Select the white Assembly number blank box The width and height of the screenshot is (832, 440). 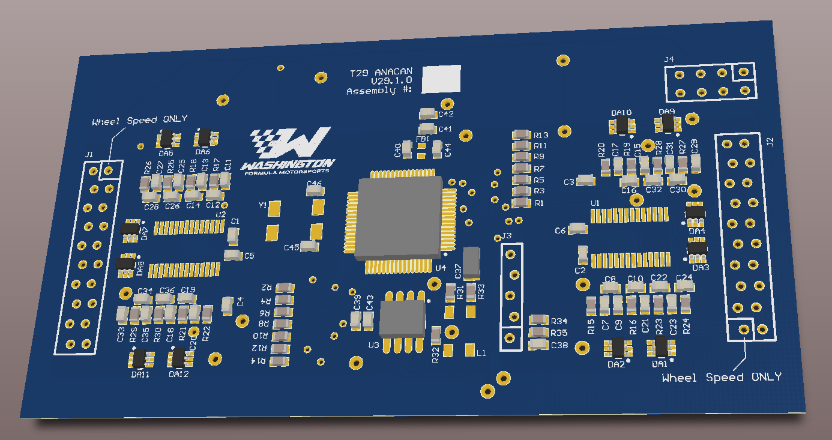pos(441,79)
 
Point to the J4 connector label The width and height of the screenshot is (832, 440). pos(669,59)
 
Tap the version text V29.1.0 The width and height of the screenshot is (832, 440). pos(391,80)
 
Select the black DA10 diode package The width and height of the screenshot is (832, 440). pos(621,125)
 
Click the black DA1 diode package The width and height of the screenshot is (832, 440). pos(661,347)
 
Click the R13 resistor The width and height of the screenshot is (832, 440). pos(520,134)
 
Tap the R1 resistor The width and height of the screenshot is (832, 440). pos(521,203)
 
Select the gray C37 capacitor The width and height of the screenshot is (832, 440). pos(472,262)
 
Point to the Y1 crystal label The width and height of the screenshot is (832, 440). pos(262,205)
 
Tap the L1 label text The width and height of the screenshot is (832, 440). pos(481,354)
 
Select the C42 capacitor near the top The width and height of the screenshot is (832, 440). pos(428,113)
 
